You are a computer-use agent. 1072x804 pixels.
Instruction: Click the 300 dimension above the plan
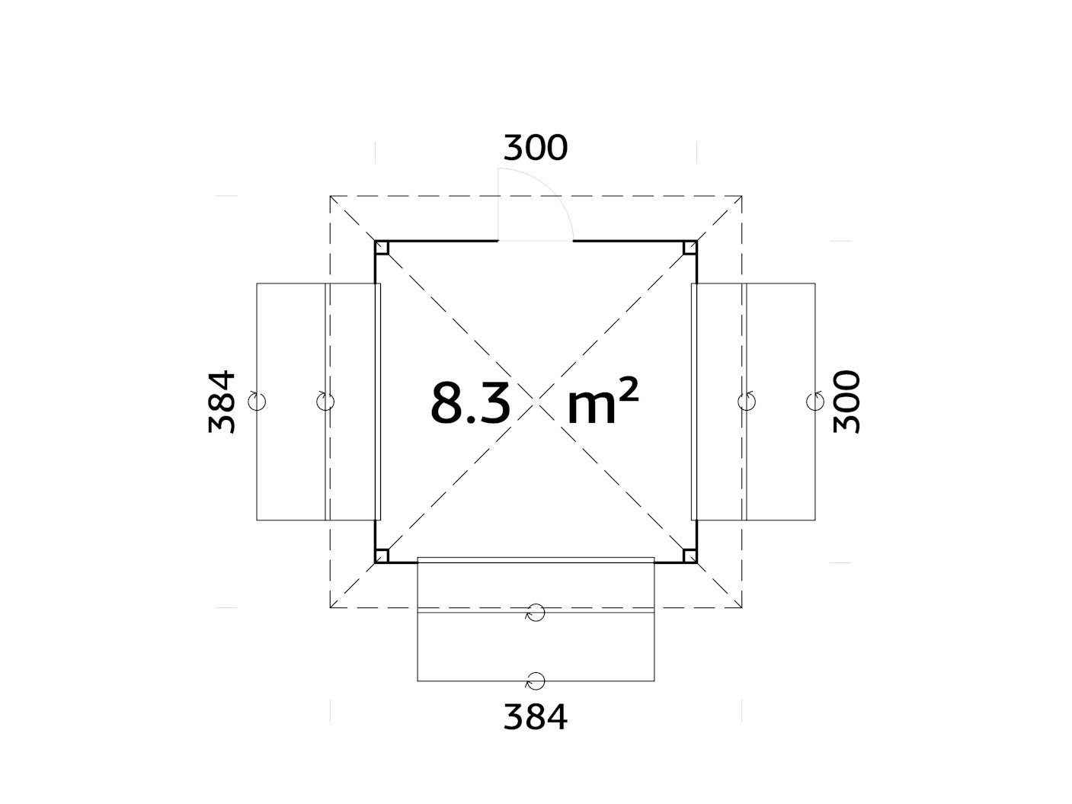click(536, 148)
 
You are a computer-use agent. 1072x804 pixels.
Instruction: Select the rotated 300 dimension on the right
click(846, 402)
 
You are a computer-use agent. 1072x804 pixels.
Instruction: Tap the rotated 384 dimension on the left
click(222, 402)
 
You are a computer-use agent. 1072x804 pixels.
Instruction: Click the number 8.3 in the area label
click(470, 403)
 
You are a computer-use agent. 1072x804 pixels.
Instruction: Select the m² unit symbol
click(603, 401)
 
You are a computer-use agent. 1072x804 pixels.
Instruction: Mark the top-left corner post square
click(382, 248)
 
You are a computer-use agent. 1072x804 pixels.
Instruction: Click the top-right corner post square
click(690, 248)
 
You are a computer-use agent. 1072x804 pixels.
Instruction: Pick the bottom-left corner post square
click(382, 556)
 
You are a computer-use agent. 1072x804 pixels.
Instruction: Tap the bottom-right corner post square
click(690, 556)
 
